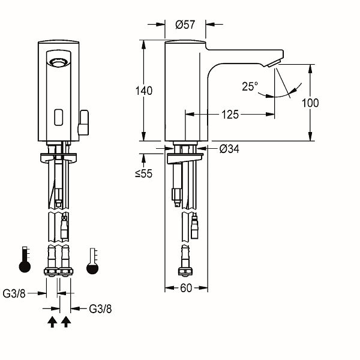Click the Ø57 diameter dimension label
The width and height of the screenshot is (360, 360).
tap(185, 25)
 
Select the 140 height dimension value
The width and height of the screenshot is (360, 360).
tap(144, 91)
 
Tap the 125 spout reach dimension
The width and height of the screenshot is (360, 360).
tap(230, 115)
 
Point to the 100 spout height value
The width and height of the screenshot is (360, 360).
tap(310, 103)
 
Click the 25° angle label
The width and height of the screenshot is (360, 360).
tap(250, 86)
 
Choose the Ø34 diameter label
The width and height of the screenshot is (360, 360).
tap(229, 149)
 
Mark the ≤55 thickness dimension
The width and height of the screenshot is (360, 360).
tap(144, 173)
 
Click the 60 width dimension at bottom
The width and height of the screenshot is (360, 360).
tap(186, 288)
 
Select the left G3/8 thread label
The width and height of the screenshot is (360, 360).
tap(14, 293)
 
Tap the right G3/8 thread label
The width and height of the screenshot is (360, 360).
tap(100, 309)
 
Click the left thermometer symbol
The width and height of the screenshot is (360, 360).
tap(25, 260)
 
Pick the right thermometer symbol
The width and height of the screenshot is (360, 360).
tap(92, 261)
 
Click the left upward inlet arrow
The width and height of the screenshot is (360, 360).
tap(52, 322)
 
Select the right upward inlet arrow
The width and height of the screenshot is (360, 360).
tap(66, 322)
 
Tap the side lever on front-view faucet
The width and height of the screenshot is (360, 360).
tap(83, 122)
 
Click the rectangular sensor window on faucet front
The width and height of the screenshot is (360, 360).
tap(59, 117)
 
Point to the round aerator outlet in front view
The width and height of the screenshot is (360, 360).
tap(59, 62)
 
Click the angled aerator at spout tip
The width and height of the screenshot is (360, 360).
tap(274, 63)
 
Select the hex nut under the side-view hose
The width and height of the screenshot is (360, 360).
tap(185, 272)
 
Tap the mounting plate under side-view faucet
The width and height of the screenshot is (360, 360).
tap(185, 158)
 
